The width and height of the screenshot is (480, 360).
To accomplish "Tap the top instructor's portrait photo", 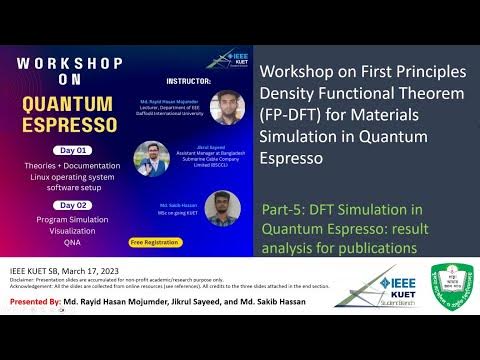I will click(228, 106).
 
